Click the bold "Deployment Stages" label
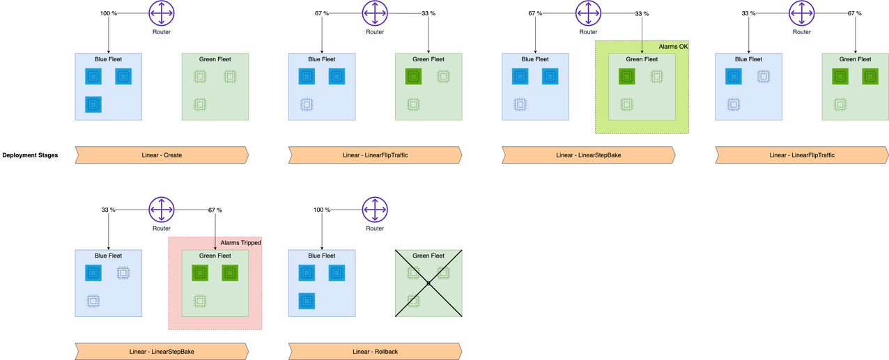point(30,155)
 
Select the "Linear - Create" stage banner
point(161,155)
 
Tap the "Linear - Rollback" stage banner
point(375,352)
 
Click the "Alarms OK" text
point(672,47)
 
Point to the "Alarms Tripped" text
point(240,242)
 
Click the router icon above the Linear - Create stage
point(162,13)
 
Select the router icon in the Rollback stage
point(375,209)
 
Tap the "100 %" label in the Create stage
point(109,13)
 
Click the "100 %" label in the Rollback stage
point(322,210)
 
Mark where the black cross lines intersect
point(428,283)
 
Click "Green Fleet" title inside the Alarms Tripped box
point(214,256)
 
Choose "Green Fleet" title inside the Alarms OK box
point(641,59)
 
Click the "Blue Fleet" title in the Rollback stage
point(322,256)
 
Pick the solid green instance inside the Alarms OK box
point(626,77)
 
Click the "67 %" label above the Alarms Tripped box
point(215,210)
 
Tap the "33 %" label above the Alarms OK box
point(642,13)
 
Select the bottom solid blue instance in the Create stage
point(93,104)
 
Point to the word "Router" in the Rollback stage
point(375,228)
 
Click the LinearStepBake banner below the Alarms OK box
point(588,155)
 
